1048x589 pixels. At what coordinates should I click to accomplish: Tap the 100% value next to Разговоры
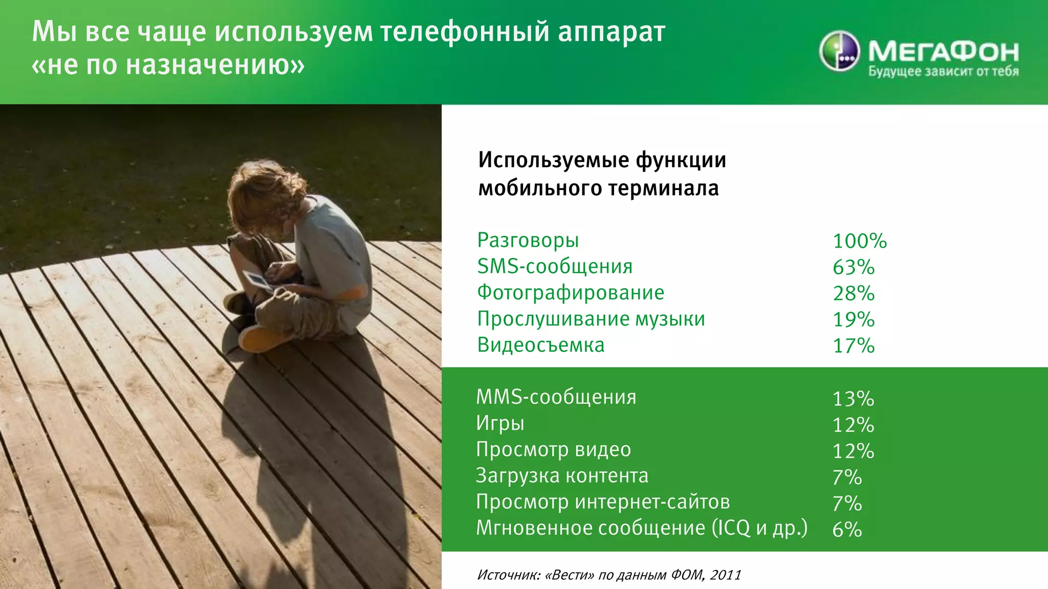[860, 241]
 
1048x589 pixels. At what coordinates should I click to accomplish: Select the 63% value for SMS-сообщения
[854, 267]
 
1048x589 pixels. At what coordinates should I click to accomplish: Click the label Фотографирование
[571, 292]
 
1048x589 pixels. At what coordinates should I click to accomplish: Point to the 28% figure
[854, 293]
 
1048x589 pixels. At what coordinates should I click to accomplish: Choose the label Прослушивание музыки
[591, 319]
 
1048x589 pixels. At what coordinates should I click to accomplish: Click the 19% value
[854, 320]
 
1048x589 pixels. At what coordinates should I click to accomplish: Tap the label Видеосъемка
[541, 345]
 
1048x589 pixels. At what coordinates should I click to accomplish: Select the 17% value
[854, 346]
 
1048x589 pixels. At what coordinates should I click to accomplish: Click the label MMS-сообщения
[556, 397]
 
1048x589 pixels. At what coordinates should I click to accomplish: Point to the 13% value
[853, 399]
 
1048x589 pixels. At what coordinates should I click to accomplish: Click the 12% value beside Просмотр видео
[853, 451]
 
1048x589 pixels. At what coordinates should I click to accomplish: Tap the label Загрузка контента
[562, 476]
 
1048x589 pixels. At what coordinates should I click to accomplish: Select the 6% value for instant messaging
[847, 529]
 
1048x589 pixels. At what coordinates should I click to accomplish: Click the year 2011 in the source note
[725, 575]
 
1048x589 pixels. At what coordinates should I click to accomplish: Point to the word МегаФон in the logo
[943, 51]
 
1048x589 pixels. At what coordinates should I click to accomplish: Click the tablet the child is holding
[257, 280]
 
